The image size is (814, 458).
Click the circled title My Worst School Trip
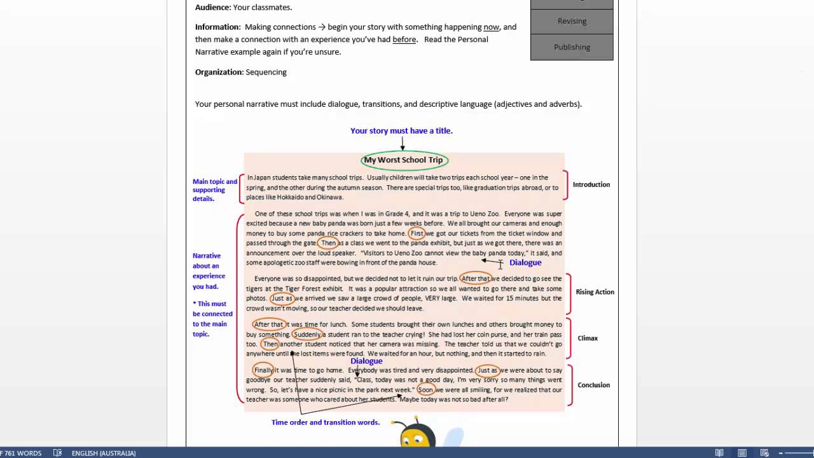click(403, 160)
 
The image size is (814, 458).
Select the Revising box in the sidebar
click(572, 21)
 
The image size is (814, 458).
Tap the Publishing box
click(572, 47)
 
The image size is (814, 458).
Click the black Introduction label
click(591, 184)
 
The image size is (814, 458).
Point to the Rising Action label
click(595, 292)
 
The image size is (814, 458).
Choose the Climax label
click(588, 338)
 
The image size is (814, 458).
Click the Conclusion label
click(593, 385)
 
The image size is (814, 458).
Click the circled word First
click(417, 233)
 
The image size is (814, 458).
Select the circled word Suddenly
click(307, 335)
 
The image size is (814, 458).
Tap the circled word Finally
click(263, 370)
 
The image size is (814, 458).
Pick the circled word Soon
click(425, 390)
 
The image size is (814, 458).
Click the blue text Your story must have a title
click(401, 131)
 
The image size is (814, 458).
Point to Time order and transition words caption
click(325, 422)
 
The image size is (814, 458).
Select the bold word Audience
click(212, 8)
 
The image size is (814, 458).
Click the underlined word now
click(491, 27)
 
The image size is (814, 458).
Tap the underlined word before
click(404, 39)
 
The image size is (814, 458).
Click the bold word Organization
click(219, 73)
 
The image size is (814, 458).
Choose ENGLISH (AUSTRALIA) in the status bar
click(104, 453)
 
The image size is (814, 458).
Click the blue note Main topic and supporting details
click(214, 190)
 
